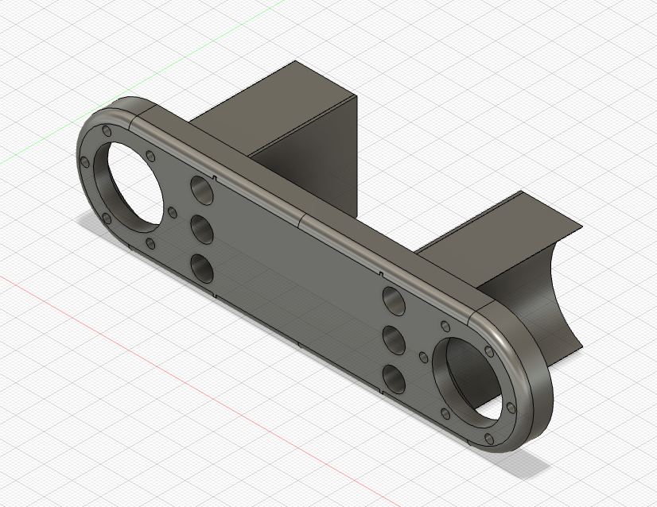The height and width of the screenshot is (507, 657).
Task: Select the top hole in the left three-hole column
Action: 202,190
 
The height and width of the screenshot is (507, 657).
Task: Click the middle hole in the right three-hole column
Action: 395,340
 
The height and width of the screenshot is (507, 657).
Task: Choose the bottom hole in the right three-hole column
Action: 395,377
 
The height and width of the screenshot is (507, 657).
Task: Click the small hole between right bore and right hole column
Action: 419,346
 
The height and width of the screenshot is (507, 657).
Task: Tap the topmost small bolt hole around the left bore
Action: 106,130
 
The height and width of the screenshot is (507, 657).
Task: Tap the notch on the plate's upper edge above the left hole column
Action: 216,174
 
